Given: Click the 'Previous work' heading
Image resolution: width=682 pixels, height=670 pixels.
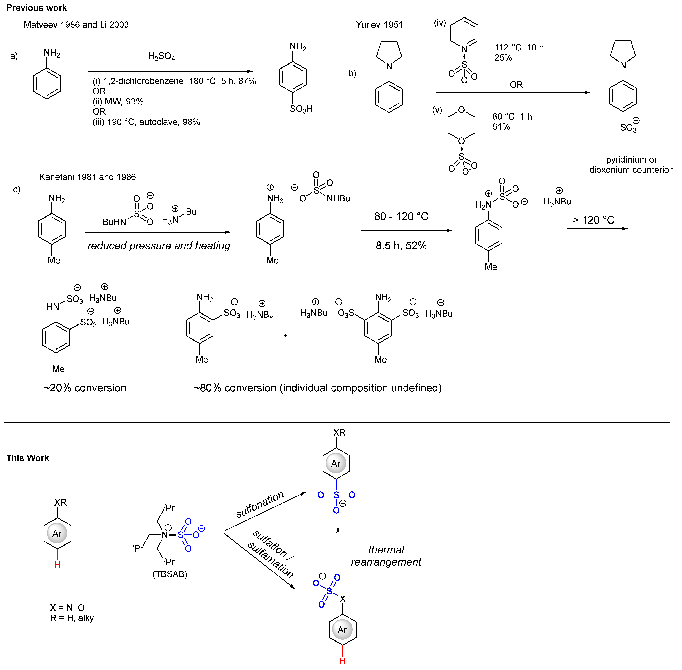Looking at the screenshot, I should (37, 8).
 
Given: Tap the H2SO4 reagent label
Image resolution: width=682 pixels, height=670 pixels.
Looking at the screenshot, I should (162, 56).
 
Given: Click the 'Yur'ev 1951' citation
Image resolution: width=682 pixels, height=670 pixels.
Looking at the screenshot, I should (379, 25).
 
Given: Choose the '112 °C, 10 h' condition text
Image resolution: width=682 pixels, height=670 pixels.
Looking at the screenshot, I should (519, 48).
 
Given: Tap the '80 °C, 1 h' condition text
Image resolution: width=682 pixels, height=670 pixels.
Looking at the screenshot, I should (512, 116).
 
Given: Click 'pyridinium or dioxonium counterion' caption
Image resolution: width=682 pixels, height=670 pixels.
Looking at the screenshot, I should (631, 165).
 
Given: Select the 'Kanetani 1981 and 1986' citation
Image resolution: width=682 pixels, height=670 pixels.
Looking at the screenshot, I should (87, 177).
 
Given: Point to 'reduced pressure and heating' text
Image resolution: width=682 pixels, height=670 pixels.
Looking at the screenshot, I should (159, 246).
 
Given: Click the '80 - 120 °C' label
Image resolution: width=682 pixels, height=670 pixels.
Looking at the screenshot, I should (401, 216).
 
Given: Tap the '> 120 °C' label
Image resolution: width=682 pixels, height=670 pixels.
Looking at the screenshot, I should (593, 220).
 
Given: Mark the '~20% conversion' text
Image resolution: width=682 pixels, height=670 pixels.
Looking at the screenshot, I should (85, 388).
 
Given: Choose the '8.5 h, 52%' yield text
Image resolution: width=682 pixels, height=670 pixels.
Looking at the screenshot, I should (401, 246).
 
